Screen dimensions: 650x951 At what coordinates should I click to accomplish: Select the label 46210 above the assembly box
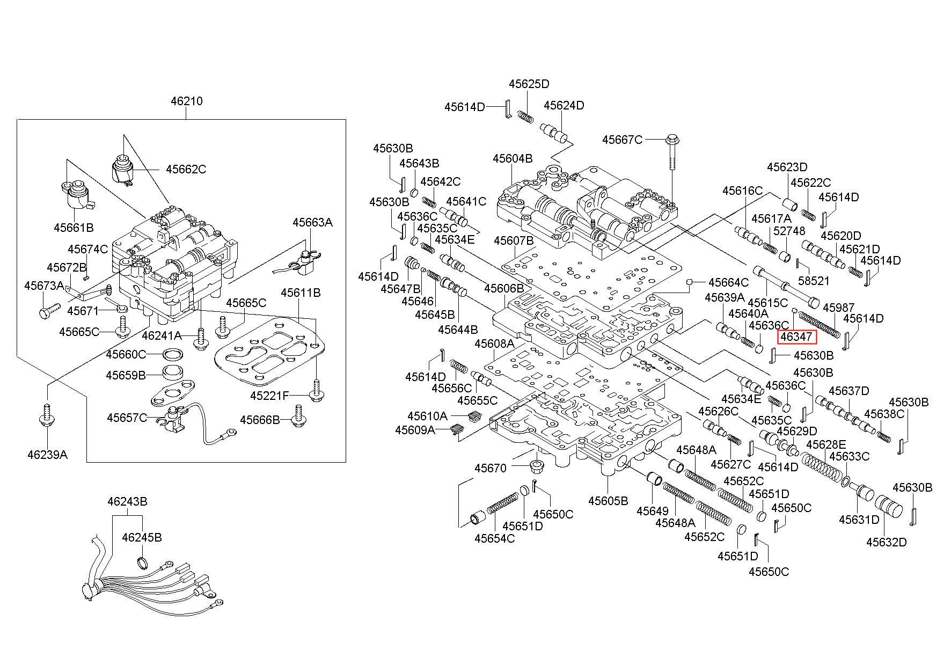coord(187,101)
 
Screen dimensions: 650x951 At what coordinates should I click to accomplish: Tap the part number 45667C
coord(622,140)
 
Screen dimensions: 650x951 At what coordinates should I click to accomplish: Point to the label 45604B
coord(513,158)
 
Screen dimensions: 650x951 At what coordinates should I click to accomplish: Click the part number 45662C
coord(186,169)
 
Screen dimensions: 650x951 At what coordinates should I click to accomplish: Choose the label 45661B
coord(74,228)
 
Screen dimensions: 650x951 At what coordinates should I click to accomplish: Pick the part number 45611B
coord(301,293)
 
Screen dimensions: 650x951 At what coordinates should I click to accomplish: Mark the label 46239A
coord(47,455)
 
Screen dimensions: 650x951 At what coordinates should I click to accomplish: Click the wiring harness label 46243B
coord(127,502)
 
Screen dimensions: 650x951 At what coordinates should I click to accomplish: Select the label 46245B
coord(142,537)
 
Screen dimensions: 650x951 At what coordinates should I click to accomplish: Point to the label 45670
coord(490,468)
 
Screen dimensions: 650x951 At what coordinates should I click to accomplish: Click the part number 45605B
coord(608,501)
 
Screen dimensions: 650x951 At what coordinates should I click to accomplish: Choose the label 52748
coord(789,230)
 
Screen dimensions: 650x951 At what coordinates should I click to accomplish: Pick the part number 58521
coord(814,281)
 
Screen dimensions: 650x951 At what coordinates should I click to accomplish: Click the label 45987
coord(838,308)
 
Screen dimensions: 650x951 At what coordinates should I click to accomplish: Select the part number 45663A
coord(312,222)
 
